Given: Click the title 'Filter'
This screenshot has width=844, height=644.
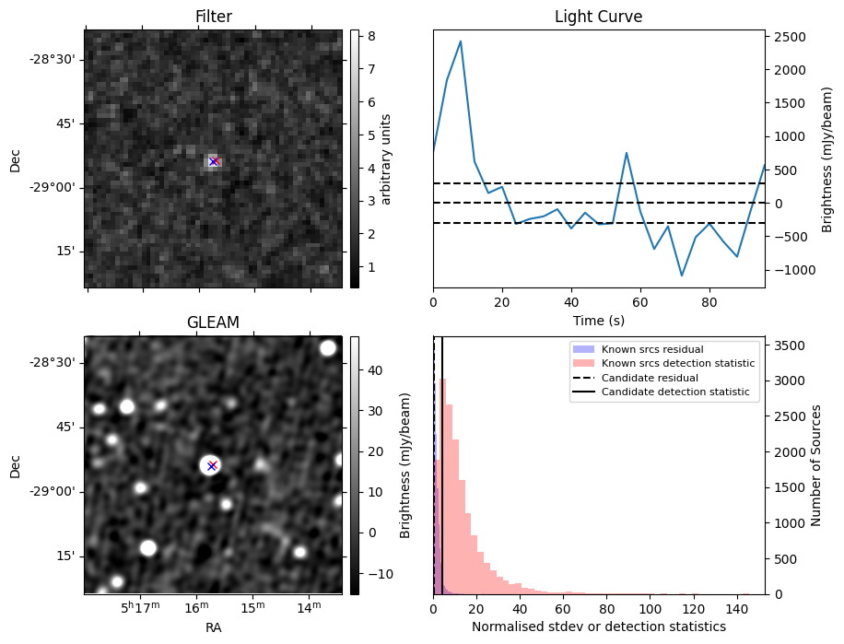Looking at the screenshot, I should pos(213,17).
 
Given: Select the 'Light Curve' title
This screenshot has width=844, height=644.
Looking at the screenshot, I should pos(598,17).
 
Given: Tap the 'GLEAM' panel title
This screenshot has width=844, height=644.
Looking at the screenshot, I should pos(213,322).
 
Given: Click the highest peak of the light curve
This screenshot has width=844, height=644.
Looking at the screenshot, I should pos(461,41).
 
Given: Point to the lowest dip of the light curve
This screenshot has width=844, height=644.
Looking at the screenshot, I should pos(682,275).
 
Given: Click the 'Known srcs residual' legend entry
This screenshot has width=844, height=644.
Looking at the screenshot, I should pos(651,350).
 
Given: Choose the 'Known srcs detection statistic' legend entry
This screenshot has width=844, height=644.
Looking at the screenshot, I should pos(677,364).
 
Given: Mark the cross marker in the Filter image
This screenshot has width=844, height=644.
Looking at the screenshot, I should pos(214,162).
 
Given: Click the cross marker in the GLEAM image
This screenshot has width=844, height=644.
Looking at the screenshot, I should pos(212,466).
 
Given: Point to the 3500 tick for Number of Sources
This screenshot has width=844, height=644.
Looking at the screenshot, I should pos(789,345).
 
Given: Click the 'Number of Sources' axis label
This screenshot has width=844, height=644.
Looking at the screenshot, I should pos(815,465).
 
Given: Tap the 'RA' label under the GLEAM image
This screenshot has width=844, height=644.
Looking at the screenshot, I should pos(213,627).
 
